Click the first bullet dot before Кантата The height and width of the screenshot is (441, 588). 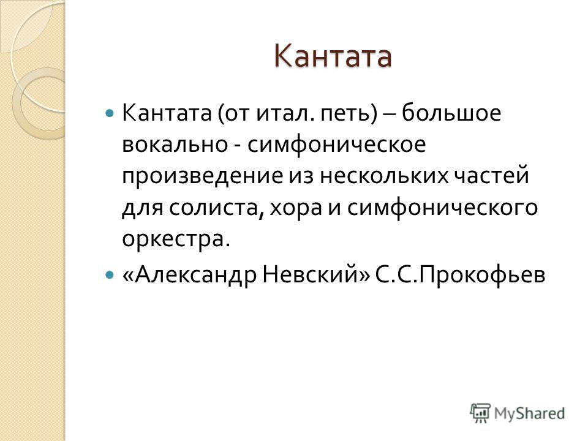pyautogui.click(x=110, y=112)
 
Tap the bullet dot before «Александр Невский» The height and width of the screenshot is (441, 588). pyautogui.click(x=110, y=275)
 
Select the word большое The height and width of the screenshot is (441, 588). pyautogui.click(x=451, y=112)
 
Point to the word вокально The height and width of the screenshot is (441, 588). pyautogui.click(x=175, y=145)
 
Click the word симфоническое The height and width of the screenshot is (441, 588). pyautogui.click(x=336, y=145)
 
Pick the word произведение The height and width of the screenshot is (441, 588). pyautogui.click(x=203, y=176)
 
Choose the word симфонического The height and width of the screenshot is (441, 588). pyautogui.click(x=442, y=208)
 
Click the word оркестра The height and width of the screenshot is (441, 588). pyautogui.click(x=176, y=238)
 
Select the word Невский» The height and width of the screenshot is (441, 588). pyautogui.click(x=316, y=275)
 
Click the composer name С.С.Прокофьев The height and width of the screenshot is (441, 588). pyautogui.click(x=460, y=275)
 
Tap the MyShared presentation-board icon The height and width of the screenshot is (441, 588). pyautogui.click(x=480, y=413)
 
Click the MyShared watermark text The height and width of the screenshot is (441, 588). pyautogui.click(x=529, y=413)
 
